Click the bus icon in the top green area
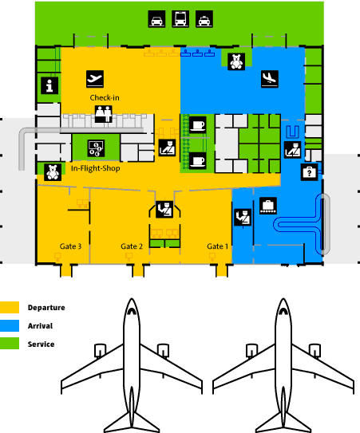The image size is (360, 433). click(180, 19)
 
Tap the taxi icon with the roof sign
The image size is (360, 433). click(204, 19)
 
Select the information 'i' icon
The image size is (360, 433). click(49, 85)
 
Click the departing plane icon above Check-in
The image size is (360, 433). click(95, 79)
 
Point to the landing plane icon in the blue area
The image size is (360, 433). click(270, 79)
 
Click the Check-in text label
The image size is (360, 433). click(105, 98)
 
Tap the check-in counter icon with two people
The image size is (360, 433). click(104, 114)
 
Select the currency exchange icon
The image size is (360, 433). click(96, 148)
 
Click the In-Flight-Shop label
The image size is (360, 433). click(96, 168)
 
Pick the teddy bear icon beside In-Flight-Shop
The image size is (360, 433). click(53, 172)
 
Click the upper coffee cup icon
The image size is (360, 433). click(198, 125)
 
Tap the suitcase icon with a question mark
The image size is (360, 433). click(309, 172)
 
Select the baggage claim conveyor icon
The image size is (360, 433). click(268, 206)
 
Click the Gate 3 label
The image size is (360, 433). click(70, 246)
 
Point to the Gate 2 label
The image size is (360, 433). click(132, 246)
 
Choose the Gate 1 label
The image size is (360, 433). click(218, 246)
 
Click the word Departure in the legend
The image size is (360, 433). click(46, 308)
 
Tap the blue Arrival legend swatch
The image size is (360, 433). click(10, 326)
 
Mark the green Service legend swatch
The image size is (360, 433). click(10, 344)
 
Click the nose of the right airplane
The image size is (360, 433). click(283, 299)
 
